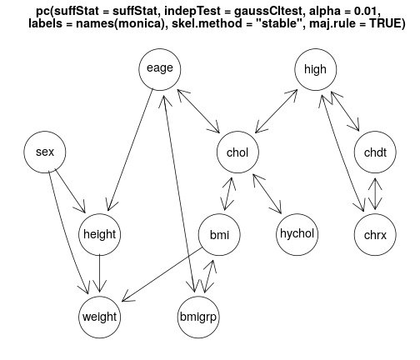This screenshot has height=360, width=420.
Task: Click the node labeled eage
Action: coord(160,69)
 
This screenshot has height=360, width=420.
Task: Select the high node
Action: coord(316,69)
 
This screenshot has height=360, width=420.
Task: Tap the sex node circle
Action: coord(45,152)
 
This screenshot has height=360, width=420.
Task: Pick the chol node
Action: coord(237,152)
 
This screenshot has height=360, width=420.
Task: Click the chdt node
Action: coord(375,152)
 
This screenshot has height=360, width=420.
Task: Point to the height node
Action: coord(100,234)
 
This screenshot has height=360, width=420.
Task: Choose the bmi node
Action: coord(219,234)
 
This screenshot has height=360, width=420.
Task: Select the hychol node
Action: coord(297,234)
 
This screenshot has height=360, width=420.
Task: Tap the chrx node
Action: coord(375,234)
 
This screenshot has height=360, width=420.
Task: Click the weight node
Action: coord(100,317)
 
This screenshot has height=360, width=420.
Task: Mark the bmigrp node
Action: coord(198,317)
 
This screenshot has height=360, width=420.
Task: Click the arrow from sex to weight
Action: coord(68,232)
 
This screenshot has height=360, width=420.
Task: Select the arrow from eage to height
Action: coord(131,149)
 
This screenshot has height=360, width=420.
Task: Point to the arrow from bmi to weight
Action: coord(162,274)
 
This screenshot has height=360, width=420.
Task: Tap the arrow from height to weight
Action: coord(99,273)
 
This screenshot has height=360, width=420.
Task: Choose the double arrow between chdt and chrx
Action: coord(375,193)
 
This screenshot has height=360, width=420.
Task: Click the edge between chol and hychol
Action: coord(267,194)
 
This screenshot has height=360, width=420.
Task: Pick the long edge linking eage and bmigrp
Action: coord(179,194)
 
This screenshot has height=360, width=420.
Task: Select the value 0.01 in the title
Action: coord(366,11)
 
